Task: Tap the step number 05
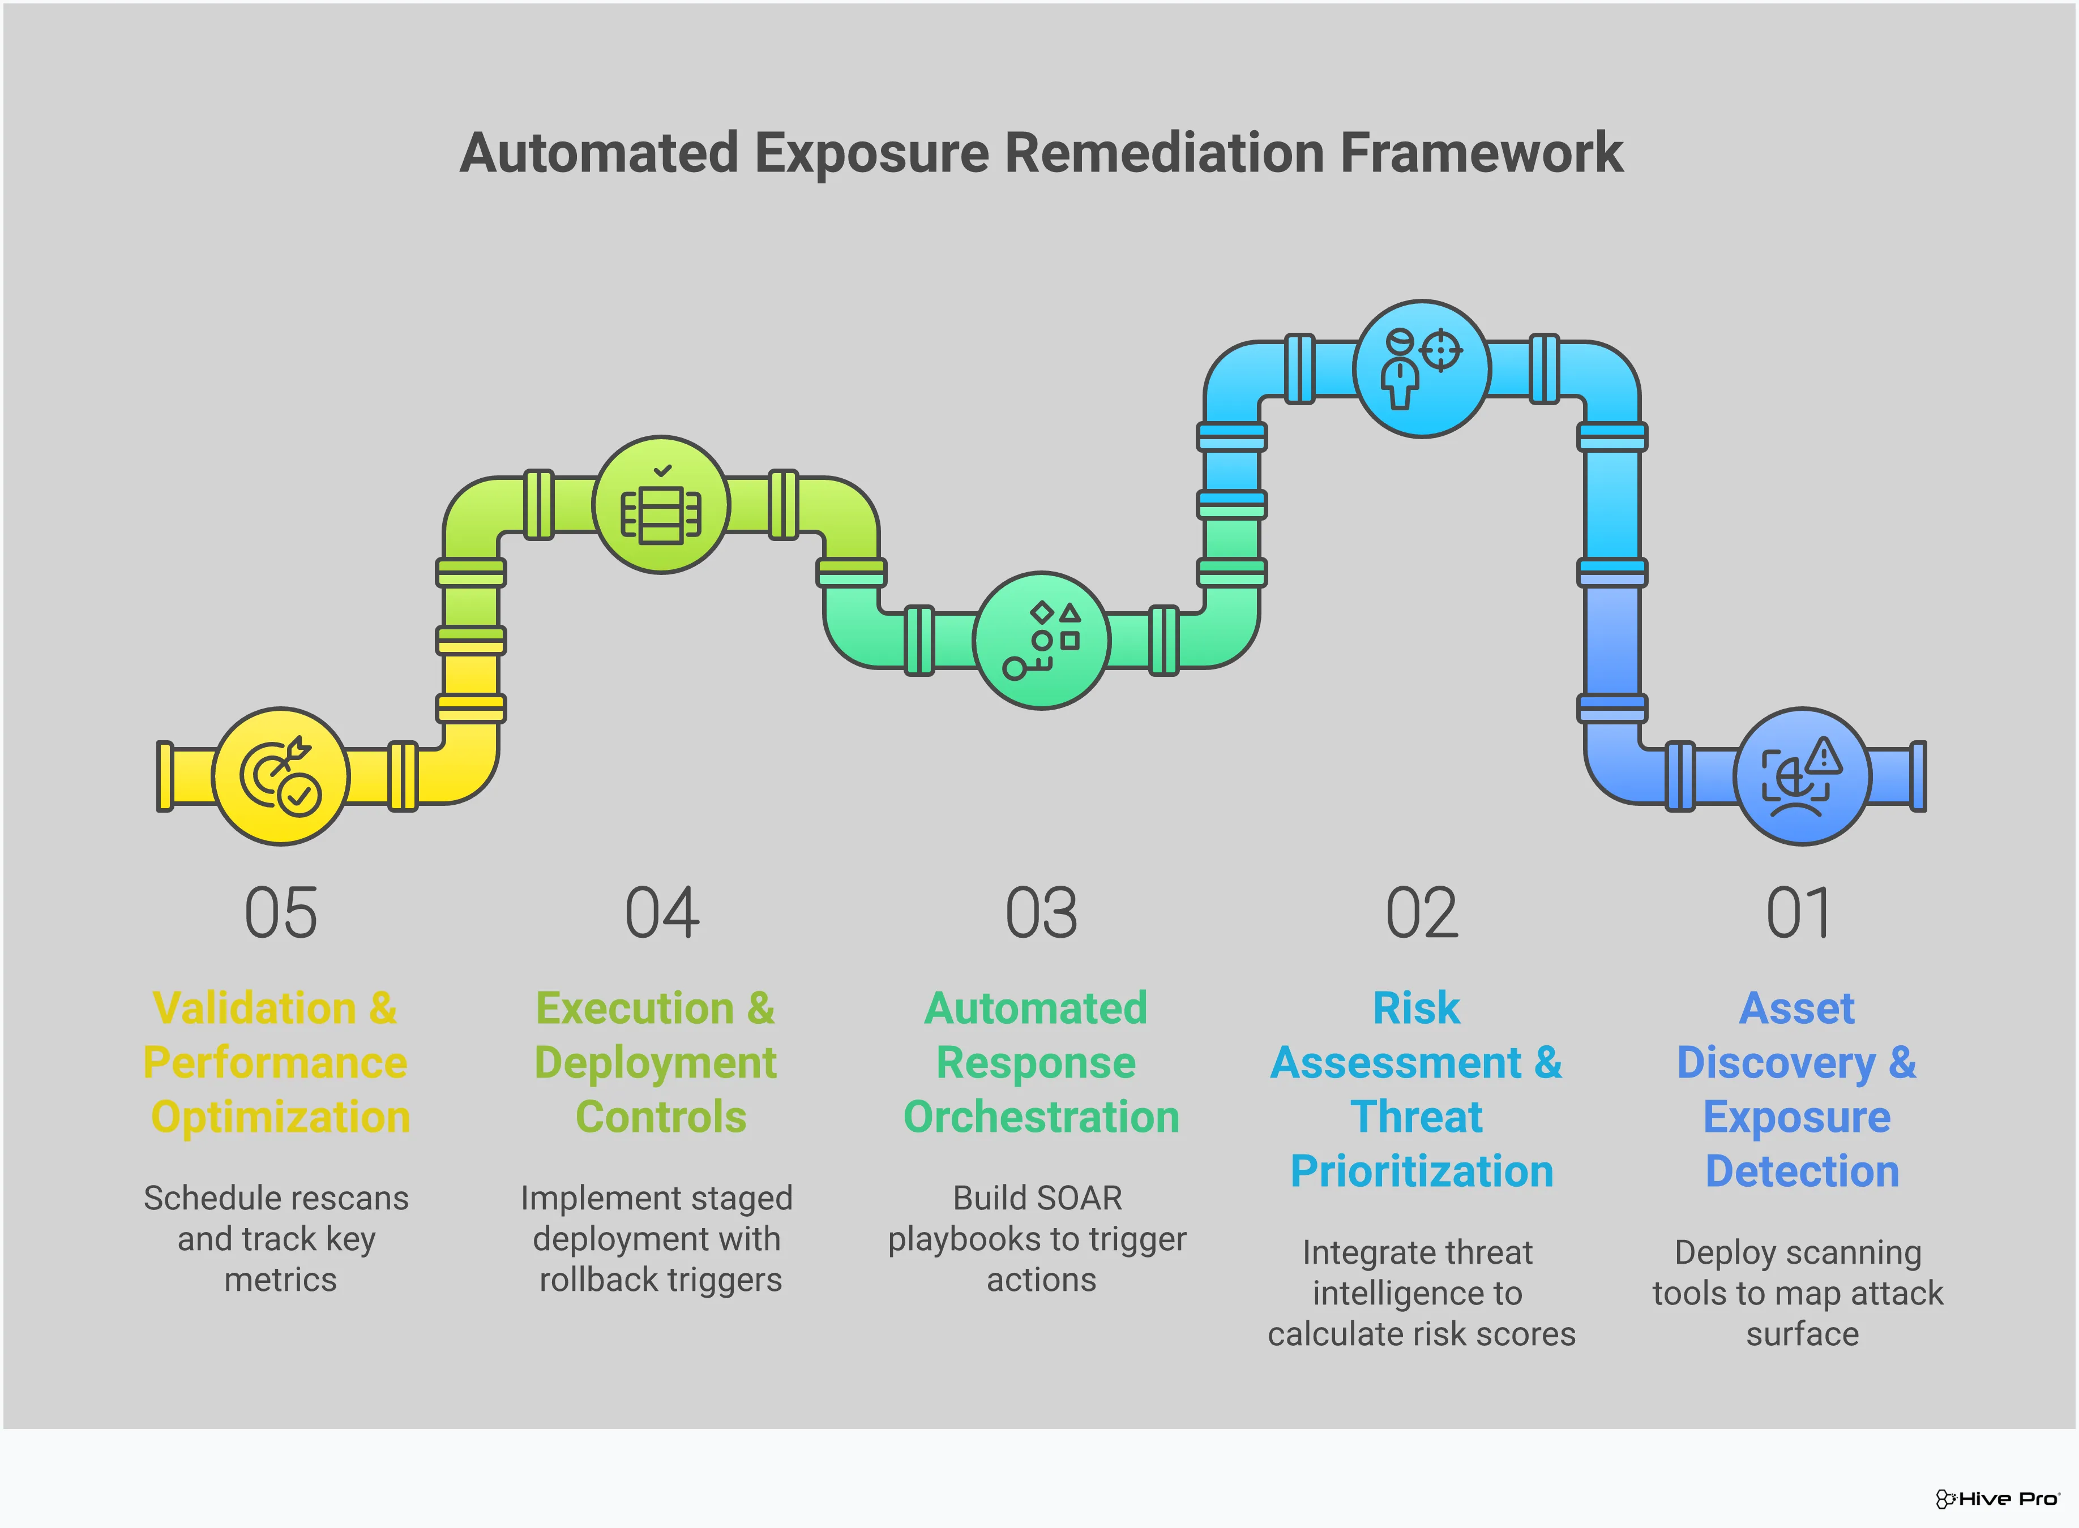tap(280, 914)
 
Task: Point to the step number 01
tap(1799, 914)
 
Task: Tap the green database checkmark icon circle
tap(661, 505)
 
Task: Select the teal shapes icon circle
tap(1042, 640)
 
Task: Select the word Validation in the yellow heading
tap(254, 1008)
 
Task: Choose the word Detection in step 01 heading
tap(1802, 1172)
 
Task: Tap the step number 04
tap(661, 914)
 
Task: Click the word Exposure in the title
tap(871, 153)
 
